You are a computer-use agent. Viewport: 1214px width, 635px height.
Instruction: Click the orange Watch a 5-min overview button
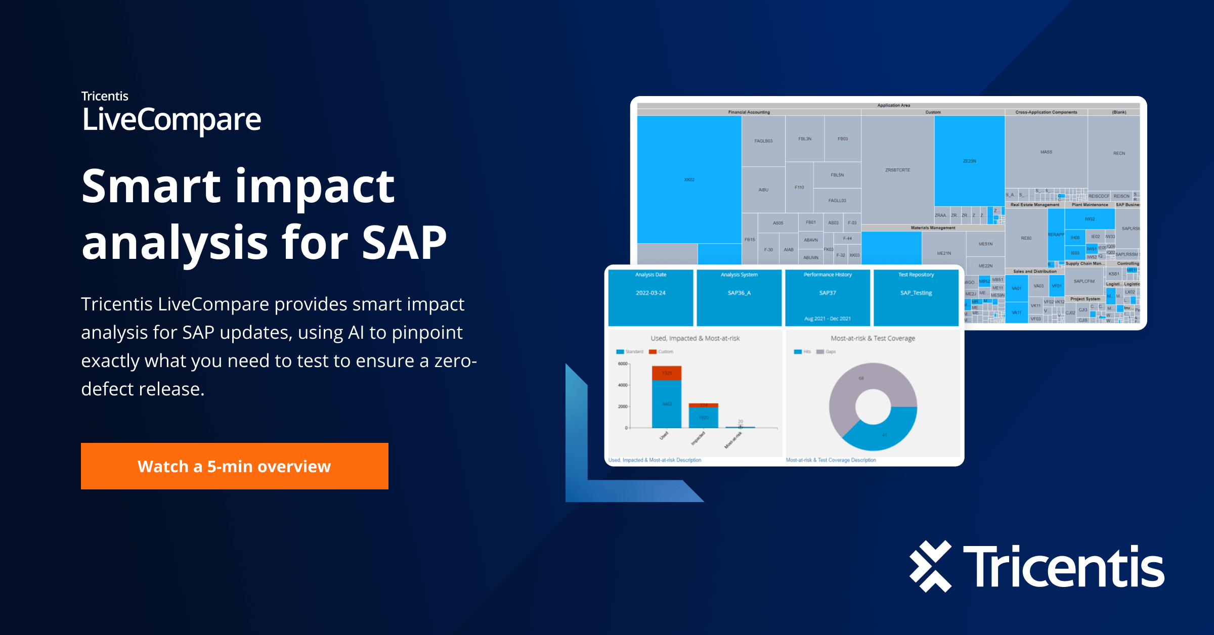pyautogui.click(x=234, y=466)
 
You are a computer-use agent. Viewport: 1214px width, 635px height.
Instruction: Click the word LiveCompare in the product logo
pyautogui.click(x=171, y=120)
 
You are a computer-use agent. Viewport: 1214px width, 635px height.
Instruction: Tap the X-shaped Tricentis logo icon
pyautogui.click(x=930, y=566)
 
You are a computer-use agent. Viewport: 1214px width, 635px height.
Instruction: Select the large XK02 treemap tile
pyautogui.click(x=689, y=179)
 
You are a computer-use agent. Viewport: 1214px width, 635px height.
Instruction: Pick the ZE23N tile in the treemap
pyautogui.click(x=969, y=161)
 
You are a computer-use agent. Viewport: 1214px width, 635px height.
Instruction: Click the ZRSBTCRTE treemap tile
pyautogui.click(x=897, y=170)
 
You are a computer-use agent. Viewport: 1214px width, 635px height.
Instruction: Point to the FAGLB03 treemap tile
pyautogui.click(x=763, y=141)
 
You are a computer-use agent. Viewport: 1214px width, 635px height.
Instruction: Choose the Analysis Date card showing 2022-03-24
pyautogui.click(x=651, y=297)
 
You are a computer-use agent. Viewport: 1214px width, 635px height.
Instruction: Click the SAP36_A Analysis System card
pyautogui.click(x=739, y=297)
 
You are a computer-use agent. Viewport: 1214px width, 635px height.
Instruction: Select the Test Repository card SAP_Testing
pyautogui.click(x=916, y=297)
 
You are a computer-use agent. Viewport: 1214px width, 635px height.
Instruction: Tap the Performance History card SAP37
pyautogui.click(x=828, y=297)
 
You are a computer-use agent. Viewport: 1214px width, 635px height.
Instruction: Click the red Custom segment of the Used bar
pyautogui.click(x=667, y=373)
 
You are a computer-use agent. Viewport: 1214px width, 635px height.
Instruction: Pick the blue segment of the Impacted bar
pyautogui.click(x=704, y=418)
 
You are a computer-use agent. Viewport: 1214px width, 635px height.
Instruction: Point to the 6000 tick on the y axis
pyautogui.click(x=622, y=364)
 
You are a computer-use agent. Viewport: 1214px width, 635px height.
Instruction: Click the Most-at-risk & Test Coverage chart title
pyautogui.click(x=873, y=338)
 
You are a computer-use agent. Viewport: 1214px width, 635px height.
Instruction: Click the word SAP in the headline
pyautogui.click(x=404, y=242)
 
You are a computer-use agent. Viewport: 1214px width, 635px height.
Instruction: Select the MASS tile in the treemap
pyautogui.click(x=1046, y=152)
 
